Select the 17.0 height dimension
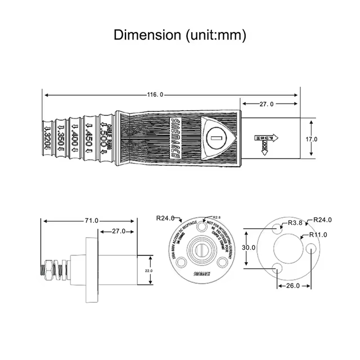[x=312, y=138]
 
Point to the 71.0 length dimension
[x=92, y=220]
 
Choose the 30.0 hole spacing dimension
[x=249, y=247]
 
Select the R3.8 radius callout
[x=295, y=223]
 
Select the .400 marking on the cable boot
[x=74, y=138]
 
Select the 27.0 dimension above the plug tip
[x=267, y=104]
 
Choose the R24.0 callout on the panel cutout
[x=322, y=220]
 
